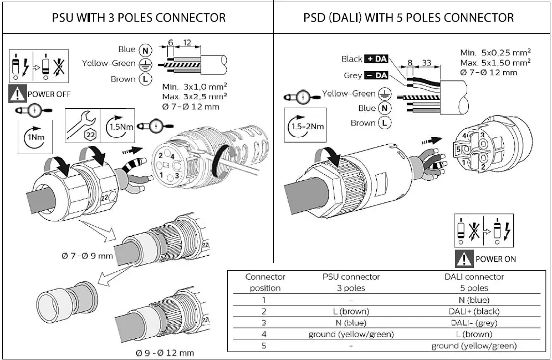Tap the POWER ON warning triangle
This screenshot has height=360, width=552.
pos(464,258)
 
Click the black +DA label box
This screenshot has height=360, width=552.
pos(376,59)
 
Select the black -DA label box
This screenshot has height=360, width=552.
pos(376,75)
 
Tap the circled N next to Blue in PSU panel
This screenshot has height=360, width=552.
pos(145,50)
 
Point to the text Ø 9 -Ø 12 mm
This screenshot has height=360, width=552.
pos(164,352)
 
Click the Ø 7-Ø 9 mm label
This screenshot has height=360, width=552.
pos(88,256)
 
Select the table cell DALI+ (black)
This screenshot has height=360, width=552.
pos(474,311)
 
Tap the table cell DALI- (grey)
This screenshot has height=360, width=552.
pos(474,323)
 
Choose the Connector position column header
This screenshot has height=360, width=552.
pos(265,282)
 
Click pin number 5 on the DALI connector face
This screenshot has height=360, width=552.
pos(458,150)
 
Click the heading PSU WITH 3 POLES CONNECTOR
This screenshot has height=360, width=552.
pos(138,18)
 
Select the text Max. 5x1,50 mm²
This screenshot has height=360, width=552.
pos(495,62)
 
